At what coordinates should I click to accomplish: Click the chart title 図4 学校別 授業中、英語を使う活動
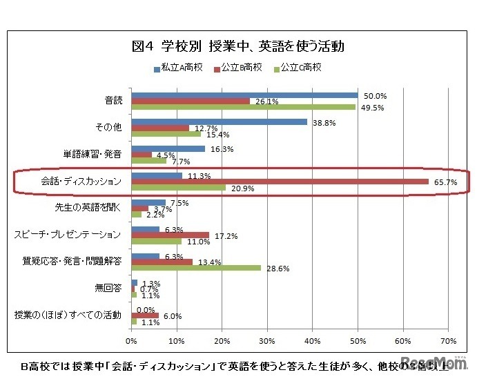(237, 47)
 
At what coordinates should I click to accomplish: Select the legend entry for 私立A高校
(177, 68)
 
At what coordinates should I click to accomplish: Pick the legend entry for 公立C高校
(299, 68)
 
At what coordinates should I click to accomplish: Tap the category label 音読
(112, 101)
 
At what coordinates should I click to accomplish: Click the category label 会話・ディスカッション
(81, 182)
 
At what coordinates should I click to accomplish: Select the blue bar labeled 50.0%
(244, 95)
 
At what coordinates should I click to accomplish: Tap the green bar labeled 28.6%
(196, 267)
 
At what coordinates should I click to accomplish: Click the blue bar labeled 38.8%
(219, 122)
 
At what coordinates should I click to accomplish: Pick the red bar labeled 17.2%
(170, 235)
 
